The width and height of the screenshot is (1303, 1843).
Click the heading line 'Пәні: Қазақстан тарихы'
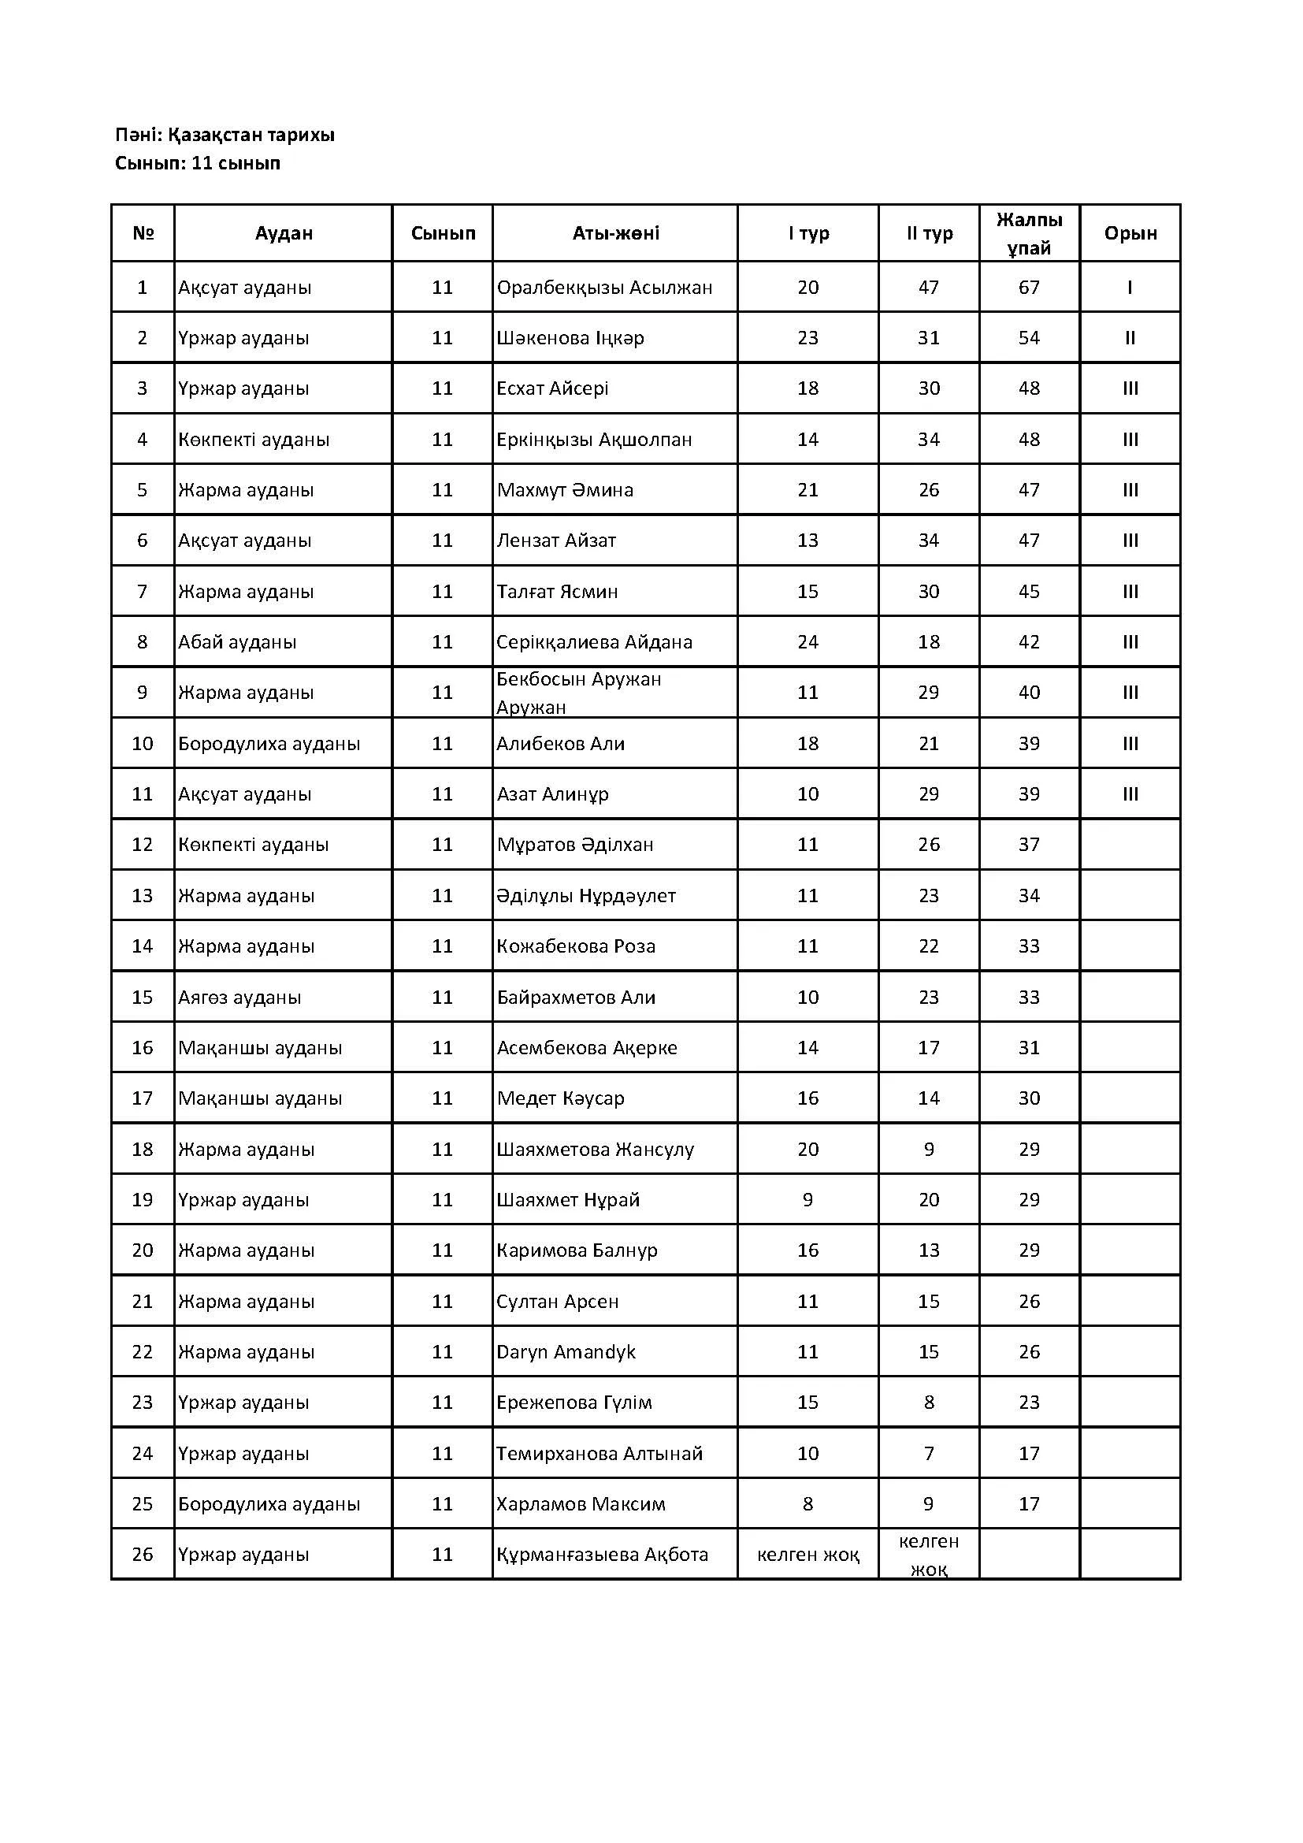225,135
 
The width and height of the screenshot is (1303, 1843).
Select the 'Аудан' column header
284,233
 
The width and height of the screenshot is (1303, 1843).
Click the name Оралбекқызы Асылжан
604,288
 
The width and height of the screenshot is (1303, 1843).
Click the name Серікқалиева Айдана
594,642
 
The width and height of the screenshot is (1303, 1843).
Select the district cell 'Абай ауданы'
237,642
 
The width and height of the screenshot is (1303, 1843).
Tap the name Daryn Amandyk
566,1352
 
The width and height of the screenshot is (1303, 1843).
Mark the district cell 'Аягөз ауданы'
240,997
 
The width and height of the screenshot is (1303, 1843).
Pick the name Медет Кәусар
560,1098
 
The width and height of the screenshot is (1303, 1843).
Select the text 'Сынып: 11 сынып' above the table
198,164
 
